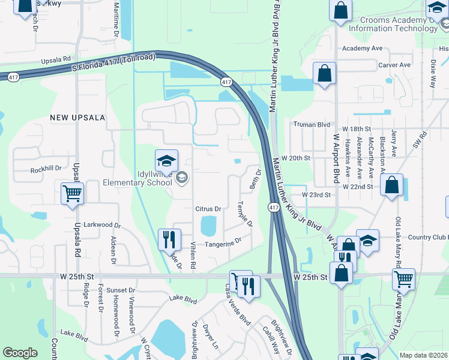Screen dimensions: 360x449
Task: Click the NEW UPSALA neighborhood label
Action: tap(77, 117)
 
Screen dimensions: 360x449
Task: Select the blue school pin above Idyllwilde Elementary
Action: tap(166, 161)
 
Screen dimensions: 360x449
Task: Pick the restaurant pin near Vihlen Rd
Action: tap(169, 240)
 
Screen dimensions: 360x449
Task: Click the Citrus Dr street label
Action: tap(208, 209)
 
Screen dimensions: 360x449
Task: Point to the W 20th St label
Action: tap(298, 158)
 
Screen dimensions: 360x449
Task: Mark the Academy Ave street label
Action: tap(361, 49)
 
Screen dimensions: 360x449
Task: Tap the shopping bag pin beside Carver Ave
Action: tap(324, 74)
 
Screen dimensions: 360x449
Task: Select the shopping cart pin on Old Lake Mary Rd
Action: tap(403, 279)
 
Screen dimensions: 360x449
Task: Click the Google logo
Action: tap(20, 353)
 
